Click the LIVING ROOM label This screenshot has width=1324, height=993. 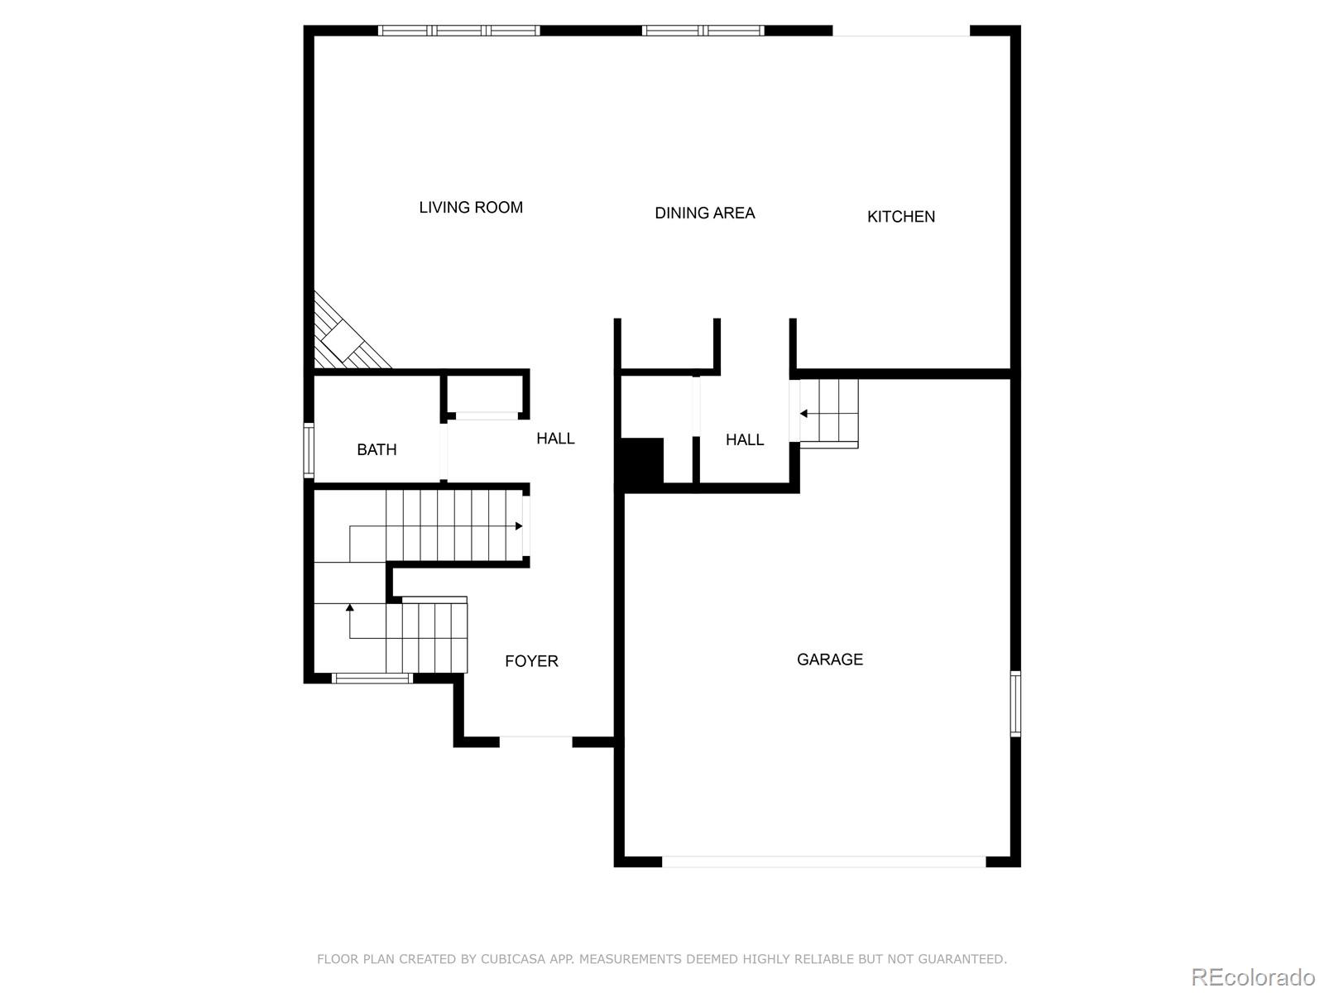(471, 208)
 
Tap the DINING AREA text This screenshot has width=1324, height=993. (704, 213)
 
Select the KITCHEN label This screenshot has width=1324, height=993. (900, 217)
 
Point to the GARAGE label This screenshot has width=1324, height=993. (829, 660)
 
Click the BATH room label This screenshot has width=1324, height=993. (377, 450)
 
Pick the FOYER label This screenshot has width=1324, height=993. (531, 661)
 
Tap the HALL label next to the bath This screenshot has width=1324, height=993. (555, 439)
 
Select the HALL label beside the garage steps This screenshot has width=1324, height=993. (744, 440)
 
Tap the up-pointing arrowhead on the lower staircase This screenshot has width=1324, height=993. (350, 608)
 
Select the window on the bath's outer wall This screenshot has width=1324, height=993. (309, 450)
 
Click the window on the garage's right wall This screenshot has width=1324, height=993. (1015, 703)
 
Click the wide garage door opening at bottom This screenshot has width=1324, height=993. (823, 861)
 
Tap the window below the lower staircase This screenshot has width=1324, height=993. (372, 679)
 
